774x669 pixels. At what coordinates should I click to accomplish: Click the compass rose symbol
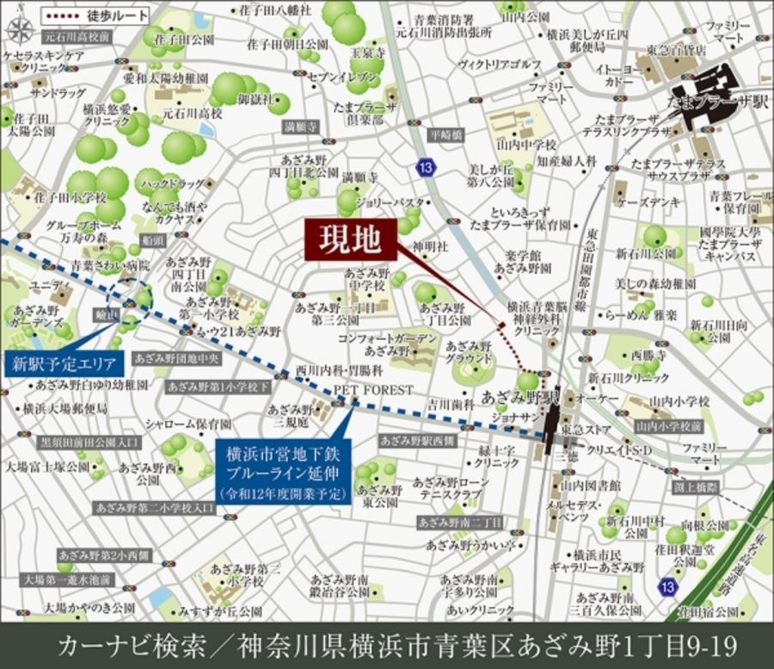point(18,28)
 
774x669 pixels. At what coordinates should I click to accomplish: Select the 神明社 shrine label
point(430,246)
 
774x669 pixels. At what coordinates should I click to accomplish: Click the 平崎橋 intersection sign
point(446,135)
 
